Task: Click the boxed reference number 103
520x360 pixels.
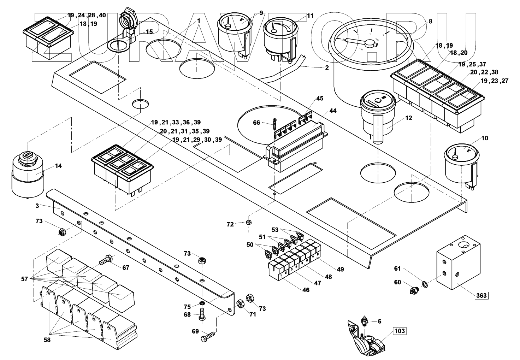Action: click(399, 331)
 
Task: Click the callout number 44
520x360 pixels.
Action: click(332, 111)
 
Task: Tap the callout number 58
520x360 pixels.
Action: click(47, 340)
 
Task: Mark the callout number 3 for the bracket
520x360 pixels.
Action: click(37, 205)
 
